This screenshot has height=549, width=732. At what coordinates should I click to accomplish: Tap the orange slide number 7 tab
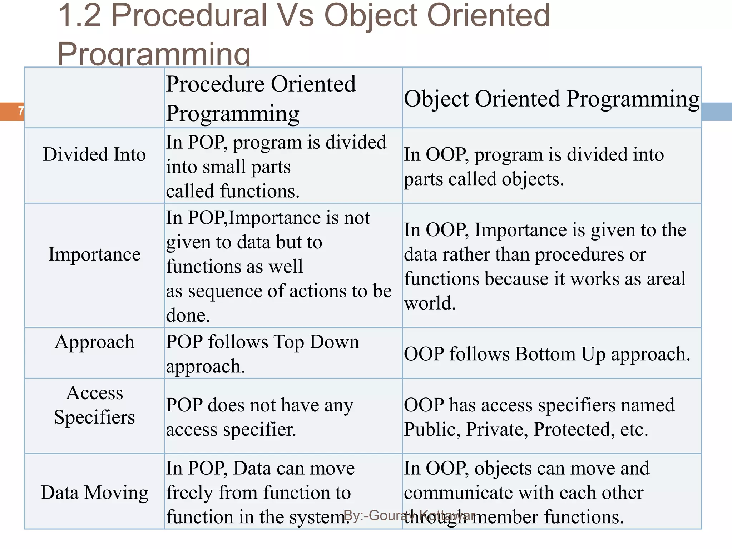click(14, 111)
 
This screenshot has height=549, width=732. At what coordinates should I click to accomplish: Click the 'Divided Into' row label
click(94, 154)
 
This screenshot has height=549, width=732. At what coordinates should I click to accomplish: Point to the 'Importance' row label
click(94, 254)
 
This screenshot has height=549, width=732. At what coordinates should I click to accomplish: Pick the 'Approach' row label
click(94, 342)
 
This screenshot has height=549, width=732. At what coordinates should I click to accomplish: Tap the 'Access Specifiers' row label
click(94, 405)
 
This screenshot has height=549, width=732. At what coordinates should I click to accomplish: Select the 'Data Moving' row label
click(94, 492)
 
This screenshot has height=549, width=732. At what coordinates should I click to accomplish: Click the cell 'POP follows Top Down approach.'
click(262, 353)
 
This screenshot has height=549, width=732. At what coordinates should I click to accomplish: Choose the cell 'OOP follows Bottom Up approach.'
click(547, 354)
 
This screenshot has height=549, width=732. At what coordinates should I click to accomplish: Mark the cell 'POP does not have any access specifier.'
click(259, 417)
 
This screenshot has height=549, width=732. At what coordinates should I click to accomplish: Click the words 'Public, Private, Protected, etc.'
click(526, 429)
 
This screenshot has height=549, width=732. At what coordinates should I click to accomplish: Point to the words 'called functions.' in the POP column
click(233, 191)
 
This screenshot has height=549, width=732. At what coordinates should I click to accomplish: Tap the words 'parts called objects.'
click(484, 179)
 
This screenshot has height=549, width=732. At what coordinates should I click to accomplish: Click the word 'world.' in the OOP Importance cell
click(430, 303)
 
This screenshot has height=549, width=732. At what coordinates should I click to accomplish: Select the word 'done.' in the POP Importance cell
click(188, 315)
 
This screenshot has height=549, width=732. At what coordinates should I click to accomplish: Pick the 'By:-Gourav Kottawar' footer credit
click(409, 515)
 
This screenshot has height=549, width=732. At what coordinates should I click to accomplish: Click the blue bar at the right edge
click(716, 111)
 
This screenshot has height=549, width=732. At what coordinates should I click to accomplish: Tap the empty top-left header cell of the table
click(94, 97)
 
